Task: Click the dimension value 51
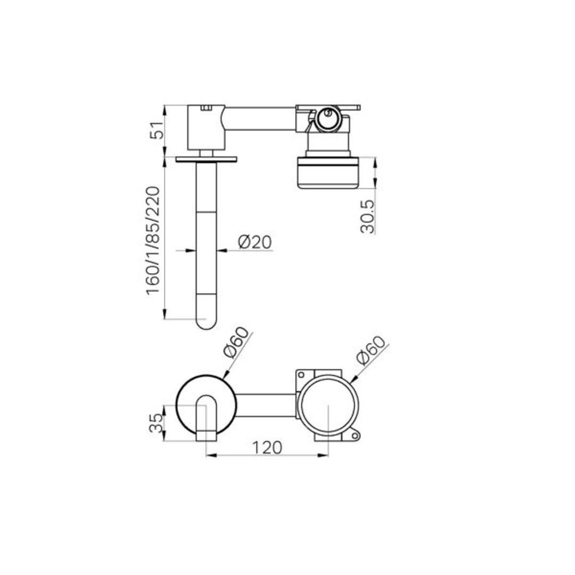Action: click(x=156, y=131)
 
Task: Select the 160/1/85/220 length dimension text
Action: click(x=153, y=240)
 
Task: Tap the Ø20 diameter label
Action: click(x=254, y=242)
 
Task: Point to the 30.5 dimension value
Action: click(x=367, y=216)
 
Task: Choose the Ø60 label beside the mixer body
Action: click(x=371, y=350)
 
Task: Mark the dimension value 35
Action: click(x=155, y=424)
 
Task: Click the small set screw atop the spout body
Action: click(x=206, y=108)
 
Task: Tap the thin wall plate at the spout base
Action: click(x=207, y=159)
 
